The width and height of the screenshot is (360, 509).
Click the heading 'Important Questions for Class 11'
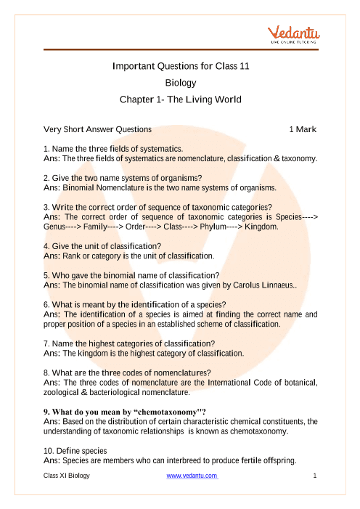coord(181,66)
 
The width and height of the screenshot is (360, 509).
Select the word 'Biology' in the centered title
coord(181,83)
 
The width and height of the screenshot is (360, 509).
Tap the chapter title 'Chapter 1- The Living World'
coord(181,99)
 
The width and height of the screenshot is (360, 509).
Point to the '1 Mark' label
coord(303,129)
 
